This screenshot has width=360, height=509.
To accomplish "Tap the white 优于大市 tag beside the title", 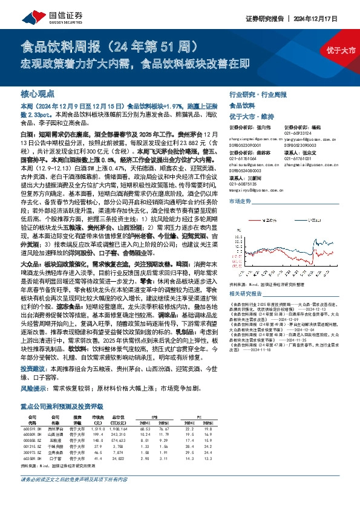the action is (x=345, y=51).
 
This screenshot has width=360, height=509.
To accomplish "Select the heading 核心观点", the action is (x=36, y=94).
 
